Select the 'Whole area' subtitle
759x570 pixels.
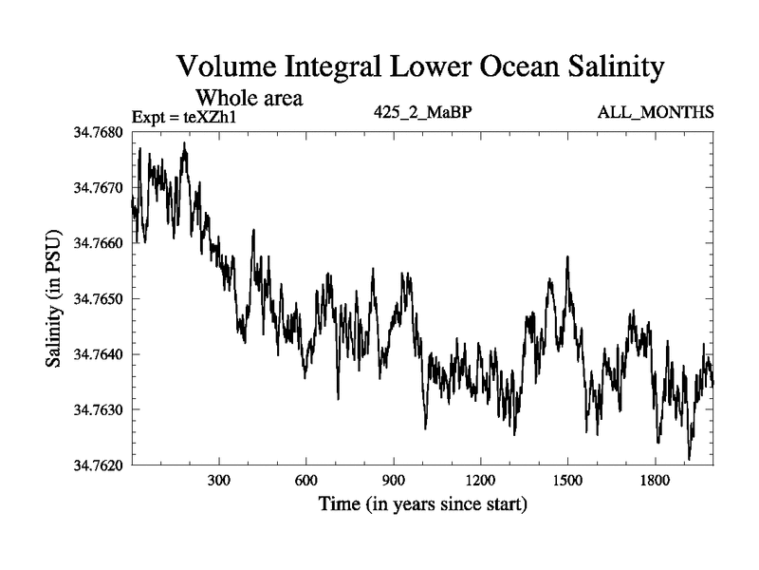click(249, 98)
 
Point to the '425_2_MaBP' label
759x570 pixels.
click(423, 113)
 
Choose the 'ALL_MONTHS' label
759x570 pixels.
click(656, 113)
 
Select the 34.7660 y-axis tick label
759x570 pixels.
click(99, 243)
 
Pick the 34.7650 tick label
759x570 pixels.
click(99, 298)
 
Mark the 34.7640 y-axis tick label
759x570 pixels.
click(99, 354)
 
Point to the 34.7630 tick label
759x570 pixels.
click(99, 409)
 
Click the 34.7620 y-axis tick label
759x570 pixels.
click(99, 465)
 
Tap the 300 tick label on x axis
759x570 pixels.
click(219, 481)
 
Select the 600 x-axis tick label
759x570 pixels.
click(306, 481)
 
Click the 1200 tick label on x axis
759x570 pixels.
click(480, 481)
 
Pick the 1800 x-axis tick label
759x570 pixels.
click(655, 481)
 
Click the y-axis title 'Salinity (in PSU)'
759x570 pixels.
click(54, 298)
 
